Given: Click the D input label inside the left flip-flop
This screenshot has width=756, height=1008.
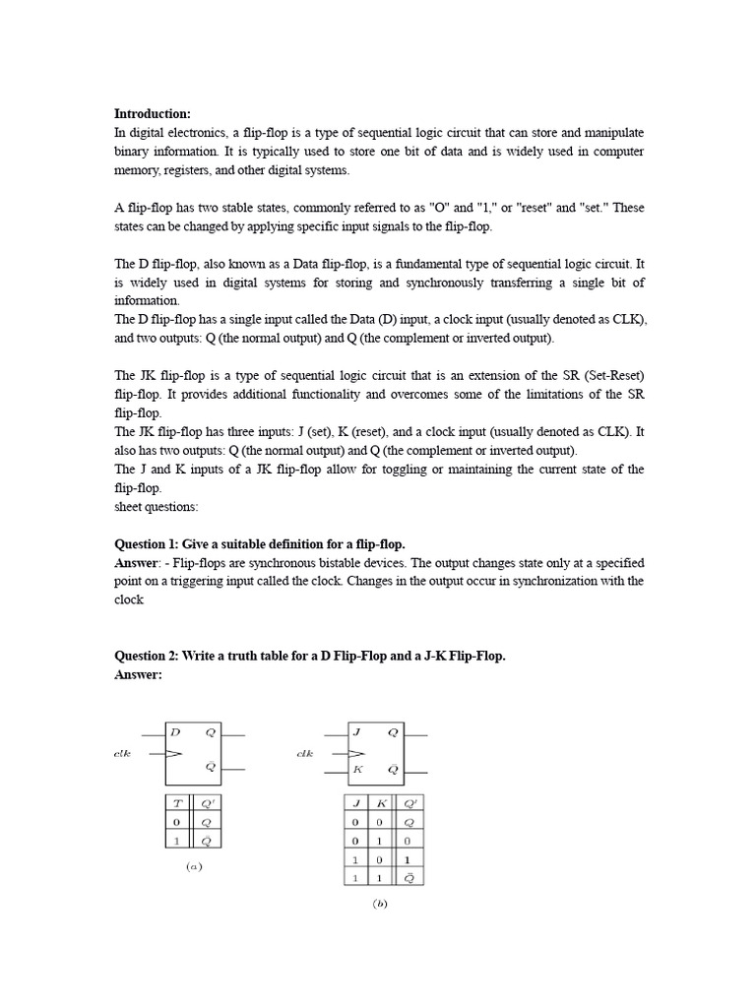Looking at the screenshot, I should [x=175, y=732].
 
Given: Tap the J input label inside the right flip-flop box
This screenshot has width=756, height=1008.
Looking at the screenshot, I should [x=357, y=732].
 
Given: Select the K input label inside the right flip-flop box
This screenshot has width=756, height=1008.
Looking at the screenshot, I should [x=357, y=769].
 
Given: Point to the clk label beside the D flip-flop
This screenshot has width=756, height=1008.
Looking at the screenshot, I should [x=123, y=753].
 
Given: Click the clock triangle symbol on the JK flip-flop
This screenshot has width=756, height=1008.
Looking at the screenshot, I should [x=355, y=753].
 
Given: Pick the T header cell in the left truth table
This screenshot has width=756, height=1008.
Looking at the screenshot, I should [x=177, y=803].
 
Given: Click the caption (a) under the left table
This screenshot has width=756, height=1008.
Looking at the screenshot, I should [x=194, y=866].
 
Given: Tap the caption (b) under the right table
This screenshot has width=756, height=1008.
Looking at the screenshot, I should [x=380, y=905].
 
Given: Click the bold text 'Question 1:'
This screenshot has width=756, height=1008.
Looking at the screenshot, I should [x=147, y=544].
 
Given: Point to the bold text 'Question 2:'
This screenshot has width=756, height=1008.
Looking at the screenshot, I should [x=147, y=657].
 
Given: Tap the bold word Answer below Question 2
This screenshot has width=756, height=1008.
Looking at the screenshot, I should [x=138, y=675].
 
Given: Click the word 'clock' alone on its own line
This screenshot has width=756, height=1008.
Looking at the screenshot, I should [x=129, y=600].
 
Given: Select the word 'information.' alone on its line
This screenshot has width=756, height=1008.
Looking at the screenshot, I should [x=148, y=301].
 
